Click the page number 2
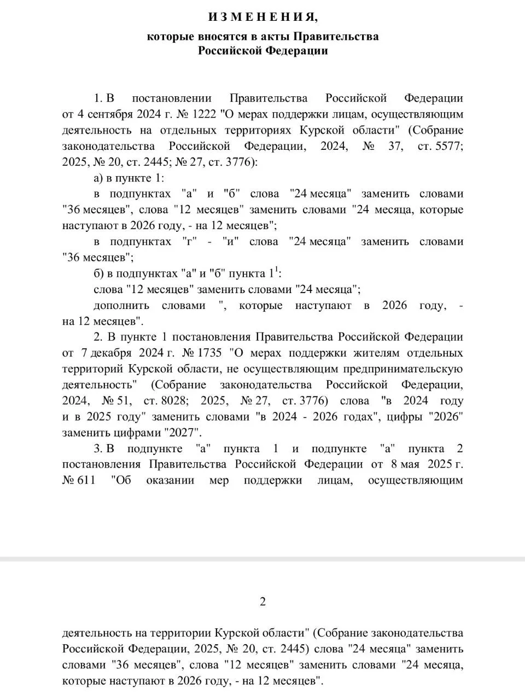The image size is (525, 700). pos(262,602)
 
